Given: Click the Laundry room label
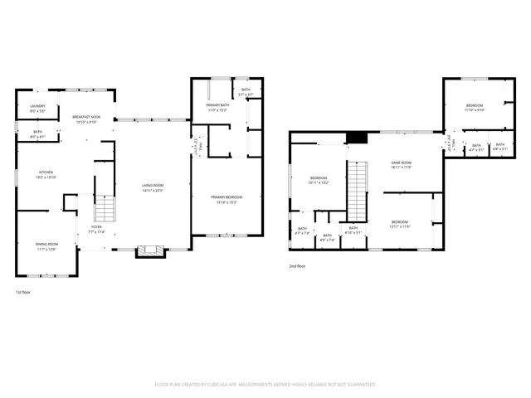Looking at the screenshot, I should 37,108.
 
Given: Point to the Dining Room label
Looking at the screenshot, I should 46,245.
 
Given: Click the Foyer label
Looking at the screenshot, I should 97,228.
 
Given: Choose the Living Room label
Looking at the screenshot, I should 152,187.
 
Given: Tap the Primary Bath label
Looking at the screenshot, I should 217,108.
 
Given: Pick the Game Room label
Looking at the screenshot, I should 402,165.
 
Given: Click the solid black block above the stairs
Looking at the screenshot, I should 356,138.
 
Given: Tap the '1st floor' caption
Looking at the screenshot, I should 24,293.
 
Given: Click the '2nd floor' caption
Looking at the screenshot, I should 297,266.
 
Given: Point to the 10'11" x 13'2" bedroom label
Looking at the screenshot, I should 319,180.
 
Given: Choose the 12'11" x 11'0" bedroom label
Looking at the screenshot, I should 400,223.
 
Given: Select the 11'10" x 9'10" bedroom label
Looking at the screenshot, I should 475,107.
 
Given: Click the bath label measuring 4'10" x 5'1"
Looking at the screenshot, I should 353,230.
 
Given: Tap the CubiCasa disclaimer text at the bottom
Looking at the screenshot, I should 265,385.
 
